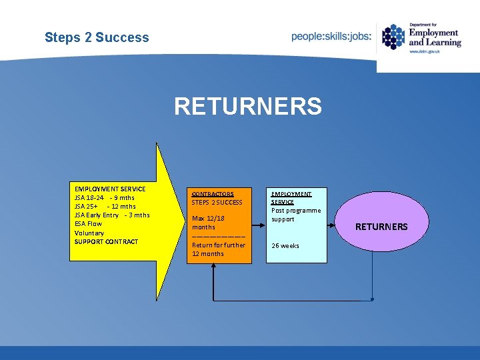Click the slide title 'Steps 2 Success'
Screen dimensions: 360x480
97,37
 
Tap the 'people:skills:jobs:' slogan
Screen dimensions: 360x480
331,37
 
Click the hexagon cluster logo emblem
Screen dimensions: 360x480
393,37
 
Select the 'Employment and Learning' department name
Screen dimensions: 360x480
434,37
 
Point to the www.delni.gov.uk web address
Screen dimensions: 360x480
426,51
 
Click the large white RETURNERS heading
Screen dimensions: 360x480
248,106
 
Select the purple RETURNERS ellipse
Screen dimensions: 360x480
381,227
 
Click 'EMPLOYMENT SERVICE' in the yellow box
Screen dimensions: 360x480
110,189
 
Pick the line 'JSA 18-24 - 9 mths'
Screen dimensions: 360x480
105,198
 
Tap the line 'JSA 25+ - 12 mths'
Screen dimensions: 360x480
105,207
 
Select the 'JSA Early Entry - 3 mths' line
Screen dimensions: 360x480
112,215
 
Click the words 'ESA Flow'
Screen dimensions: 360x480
89,224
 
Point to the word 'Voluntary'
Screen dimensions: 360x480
89,233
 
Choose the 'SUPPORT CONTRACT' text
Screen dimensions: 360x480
106,241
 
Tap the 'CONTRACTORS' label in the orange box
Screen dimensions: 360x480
213,193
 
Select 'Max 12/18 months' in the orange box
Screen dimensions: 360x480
208,223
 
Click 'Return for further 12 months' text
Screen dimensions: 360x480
219,249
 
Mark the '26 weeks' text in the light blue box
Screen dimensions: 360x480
285,246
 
